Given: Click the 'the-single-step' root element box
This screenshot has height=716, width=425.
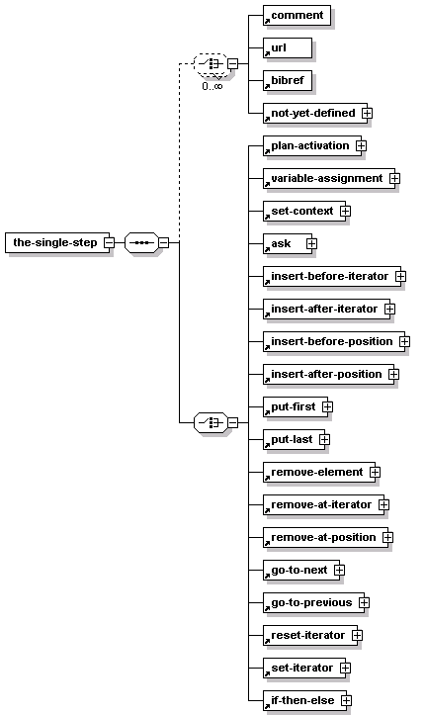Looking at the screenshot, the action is click(57, 242).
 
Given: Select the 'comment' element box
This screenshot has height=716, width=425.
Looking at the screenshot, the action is click(297, 16).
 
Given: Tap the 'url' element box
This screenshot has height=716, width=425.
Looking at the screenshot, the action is click(288, 47).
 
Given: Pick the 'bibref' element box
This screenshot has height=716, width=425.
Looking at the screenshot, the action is click(288, 80).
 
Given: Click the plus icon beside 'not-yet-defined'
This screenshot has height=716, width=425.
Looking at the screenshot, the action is click(367, 113).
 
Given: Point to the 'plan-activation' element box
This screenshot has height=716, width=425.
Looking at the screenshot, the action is click(312, 145).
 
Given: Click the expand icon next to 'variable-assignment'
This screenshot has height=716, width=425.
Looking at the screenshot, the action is click(394, 179).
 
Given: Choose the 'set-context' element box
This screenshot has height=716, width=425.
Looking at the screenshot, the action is click(304, 211).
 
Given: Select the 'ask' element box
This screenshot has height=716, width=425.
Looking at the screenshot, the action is click(288, 244).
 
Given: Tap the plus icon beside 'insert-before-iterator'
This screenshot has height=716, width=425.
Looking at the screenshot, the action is click(400, 276).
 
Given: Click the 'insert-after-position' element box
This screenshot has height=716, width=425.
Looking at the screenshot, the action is click(329, 374).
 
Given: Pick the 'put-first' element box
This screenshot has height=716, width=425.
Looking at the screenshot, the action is click(296, 406).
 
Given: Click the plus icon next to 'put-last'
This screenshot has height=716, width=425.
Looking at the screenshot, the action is click(324, 439).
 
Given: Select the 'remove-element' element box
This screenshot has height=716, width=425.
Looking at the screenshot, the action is click(319, 472).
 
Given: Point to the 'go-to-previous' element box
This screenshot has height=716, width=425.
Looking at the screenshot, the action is click(313, 602).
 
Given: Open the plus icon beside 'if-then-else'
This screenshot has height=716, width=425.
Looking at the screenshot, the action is click(346, 700).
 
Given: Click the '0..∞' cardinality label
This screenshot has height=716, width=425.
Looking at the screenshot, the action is click(212, 86).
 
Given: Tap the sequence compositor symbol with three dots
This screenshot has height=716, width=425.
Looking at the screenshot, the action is click(141, 242).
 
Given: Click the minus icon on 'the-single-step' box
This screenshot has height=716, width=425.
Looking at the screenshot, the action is click(109, 242).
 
